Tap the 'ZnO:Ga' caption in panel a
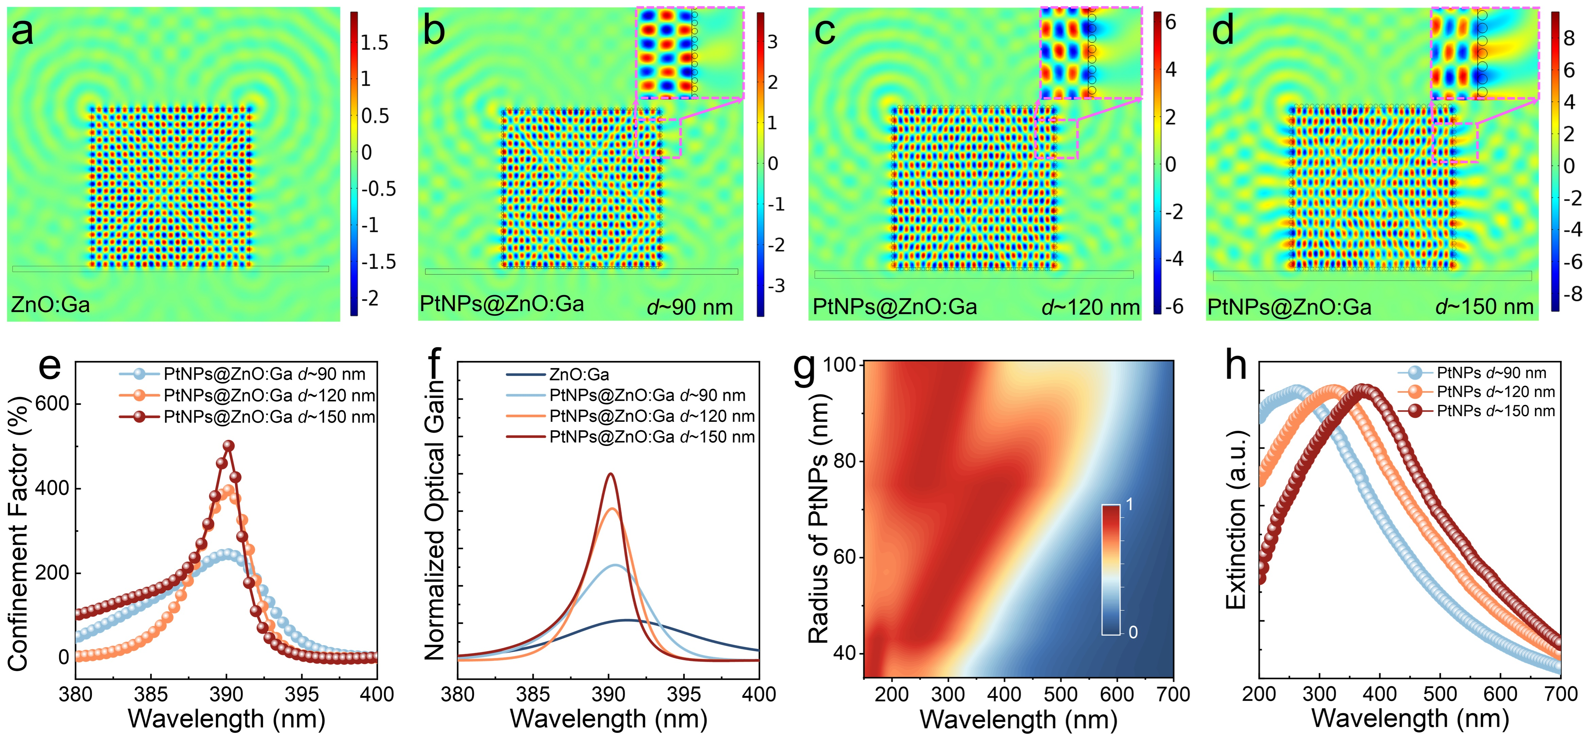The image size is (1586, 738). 50,304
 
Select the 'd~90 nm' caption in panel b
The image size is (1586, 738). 689,307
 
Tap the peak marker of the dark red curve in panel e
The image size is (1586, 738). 228,445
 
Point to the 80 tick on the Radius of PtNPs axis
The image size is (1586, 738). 845,461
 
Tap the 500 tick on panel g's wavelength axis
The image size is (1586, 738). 1060,694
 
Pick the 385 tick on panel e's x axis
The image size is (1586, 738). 151,694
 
